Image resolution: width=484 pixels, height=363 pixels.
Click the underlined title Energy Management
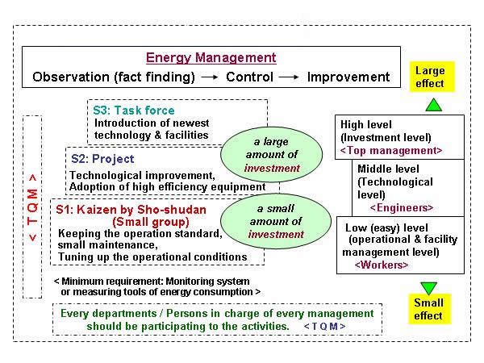211,58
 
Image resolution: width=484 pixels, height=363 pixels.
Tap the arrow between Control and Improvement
289,77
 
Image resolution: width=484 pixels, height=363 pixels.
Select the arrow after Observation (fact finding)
210,77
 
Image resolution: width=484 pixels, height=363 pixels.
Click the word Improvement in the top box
348,77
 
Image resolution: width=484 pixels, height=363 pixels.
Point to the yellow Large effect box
432,77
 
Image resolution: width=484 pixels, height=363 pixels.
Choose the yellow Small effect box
430,309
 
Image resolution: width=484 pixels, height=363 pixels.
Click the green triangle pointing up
434,105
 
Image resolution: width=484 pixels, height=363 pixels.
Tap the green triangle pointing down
429,288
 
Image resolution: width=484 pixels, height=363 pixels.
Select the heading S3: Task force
134,111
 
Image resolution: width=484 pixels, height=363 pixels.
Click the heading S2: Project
102,159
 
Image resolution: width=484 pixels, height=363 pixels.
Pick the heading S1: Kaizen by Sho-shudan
131,210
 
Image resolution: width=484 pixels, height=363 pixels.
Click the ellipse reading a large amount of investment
271,154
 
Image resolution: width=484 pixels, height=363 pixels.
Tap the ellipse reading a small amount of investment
276,221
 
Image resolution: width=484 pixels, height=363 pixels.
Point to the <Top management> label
391,151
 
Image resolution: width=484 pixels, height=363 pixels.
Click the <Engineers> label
402,208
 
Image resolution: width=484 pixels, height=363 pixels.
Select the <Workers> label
382,265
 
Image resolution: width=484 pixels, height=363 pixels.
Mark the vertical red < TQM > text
32,207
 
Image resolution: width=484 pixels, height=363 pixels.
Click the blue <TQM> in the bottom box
325,326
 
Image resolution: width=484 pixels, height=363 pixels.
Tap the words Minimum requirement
112,282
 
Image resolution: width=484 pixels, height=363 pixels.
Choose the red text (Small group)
151,222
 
